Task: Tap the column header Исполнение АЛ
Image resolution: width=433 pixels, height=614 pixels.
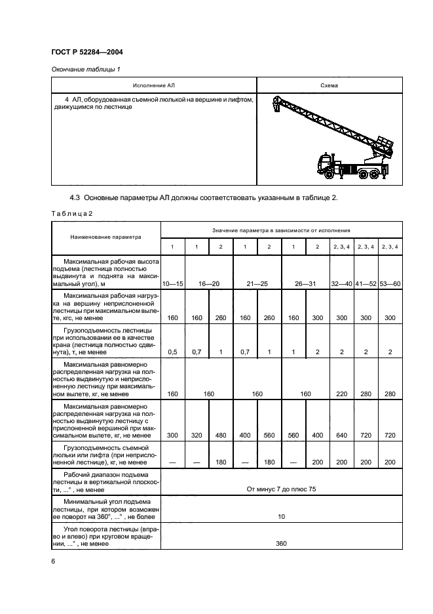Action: point(153,85)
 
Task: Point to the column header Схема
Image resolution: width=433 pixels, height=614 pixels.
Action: point(329,85)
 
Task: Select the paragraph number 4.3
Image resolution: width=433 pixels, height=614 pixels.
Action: point(76,199)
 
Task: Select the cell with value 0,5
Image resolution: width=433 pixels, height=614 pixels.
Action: point(173,352)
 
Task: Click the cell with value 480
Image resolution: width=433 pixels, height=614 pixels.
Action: point(221,434)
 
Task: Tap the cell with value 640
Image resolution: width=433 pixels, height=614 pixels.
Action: point(343,434)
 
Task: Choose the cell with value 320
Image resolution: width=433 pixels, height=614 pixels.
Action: point(197,434)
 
